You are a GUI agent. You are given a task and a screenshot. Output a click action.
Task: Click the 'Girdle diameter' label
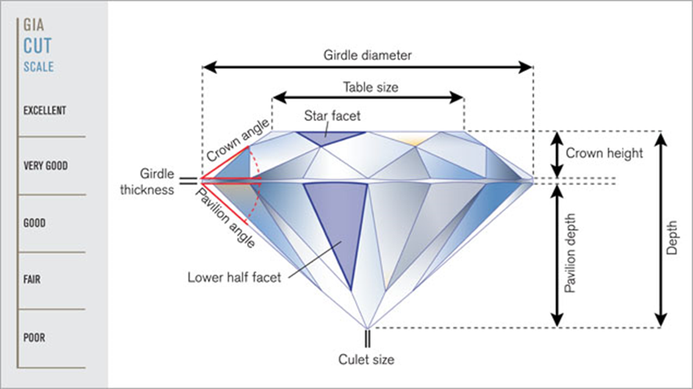[368, 55]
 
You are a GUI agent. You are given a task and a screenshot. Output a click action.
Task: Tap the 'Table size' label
[371, 87]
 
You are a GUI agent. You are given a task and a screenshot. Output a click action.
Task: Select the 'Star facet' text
[332, 116]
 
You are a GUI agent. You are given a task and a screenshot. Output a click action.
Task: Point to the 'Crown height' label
[604, 153]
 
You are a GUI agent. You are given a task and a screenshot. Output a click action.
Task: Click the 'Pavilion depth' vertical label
[570, 253]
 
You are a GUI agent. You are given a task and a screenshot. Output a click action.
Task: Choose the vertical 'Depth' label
[672, 238]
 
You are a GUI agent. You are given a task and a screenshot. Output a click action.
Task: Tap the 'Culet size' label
[366, 359]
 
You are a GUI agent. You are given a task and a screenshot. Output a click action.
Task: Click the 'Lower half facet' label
[234, 277]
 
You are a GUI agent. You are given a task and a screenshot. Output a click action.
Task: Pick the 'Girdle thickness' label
[147, 181]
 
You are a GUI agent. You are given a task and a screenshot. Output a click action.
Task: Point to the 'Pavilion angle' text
[225, 217]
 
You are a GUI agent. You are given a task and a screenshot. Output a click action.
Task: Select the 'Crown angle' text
[237, 141]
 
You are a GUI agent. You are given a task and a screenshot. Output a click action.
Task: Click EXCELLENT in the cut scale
[45, 110]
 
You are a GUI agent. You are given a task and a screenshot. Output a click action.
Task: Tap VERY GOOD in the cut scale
[45, 166]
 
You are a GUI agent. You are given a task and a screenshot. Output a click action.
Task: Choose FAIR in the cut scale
[32, 280]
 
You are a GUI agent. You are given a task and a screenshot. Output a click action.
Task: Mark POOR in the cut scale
[34, 337]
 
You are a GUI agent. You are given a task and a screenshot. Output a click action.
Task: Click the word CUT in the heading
[38, 46]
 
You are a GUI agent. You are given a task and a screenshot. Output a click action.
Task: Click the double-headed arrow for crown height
[558, 155]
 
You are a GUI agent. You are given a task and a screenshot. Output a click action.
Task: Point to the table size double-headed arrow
[368, 97]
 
